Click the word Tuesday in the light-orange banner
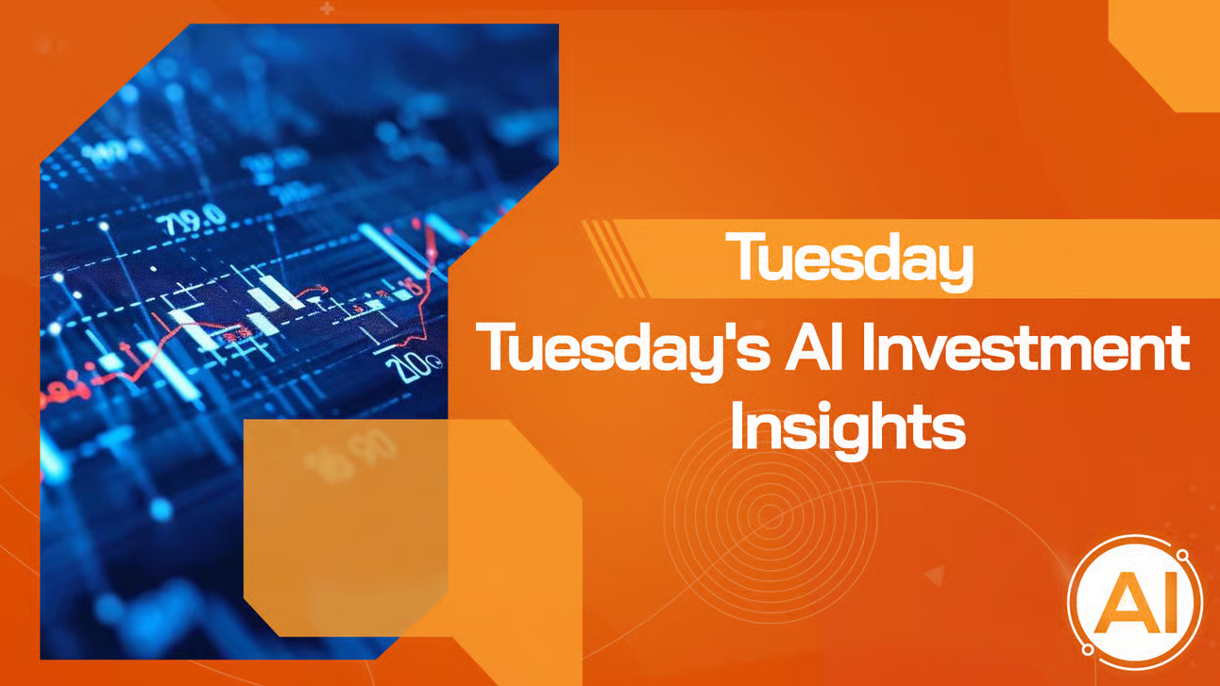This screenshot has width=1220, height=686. [854, 258]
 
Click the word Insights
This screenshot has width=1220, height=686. [848, 429]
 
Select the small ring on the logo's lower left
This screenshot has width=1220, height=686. [1087, 650]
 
